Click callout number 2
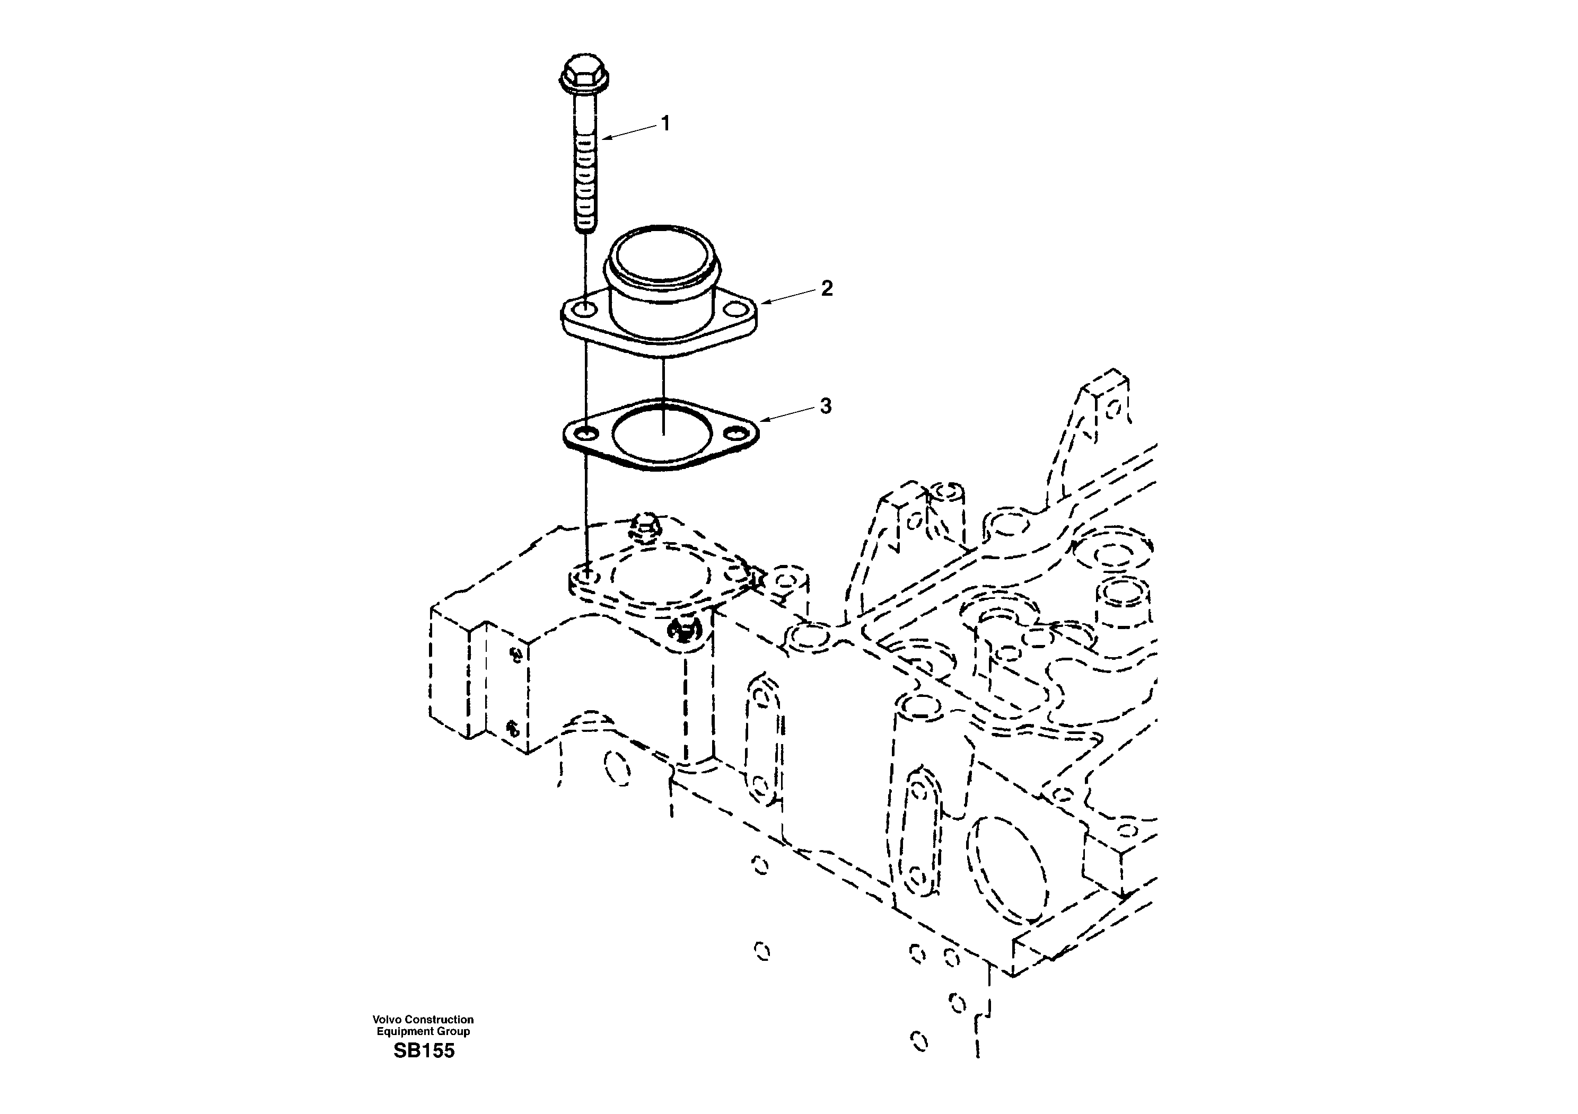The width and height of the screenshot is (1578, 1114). click(827, 288)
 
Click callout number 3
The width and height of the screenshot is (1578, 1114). click(826, 406)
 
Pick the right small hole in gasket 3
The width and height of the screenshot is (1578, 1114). click(738, 434)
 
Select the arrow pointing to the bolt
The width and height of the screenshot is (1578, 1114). click(629, 132)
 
